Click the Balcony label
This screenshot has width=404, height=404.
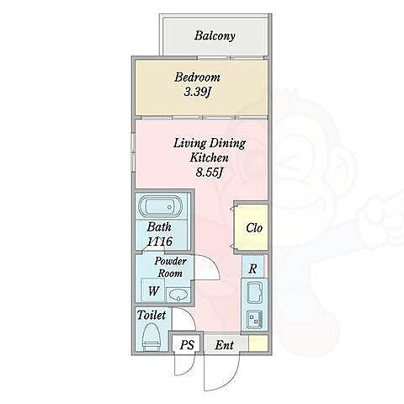click(x=215, y=36)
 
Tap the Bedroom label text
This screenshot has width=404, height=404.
click(x=197, y=77)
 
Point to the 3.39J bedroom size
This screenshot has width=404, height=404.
click(x=197, y=92)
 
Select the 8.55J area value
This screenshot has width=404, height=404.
click(x=209, y=172)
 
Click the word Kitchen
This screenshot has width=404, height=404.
click(x=209, y=157)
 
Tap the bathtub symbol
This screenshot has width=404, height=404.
click(x=161, y=206)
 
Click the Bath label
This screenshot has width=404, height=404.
click(x=159, y=227)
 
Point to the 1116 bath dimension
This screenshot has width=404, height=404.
click(x=160, y=241)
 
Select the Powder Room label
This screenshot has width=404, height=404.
click(x=170, y=267)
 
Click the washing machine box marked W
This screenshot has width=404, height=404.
click(x=153, y=290)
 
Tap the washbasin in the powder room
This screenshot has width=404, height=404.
click(x=178, y=295)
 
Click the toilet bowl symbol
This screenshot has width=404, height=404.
click(x=151, y=337)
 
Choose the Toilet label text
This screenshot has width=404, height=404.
click(x=151, y=315)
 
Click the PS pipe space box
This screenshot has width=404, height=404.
click(x=187, y=344)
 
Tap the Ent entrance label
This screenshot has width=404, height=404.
click(x=224, y=345)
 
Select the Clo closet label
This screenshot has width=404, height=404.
click(x=254, y=228)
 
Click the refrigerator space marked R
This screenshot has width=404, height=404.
click(x=252, y=268)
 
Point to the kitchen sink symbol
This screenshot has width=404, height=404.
click(x=254, y=293)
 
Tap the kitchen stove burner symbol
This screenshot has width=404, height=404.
click(x=254, y=320)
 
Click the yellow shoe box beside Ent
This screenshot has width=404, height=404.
click(x=258, y=343)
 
